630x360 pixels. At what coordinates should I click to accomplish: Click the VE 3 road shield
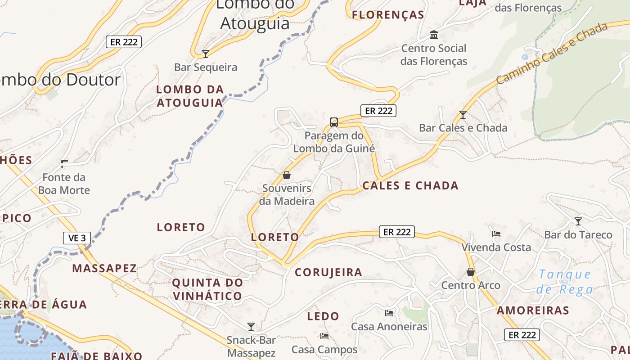[x=77, y=238]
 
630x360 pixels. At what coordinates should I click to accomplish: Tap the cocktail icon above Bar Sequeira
[x=206, y=54]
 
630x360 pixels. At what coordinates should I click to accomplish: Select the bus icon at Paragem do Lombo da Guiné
[x=334, y=122]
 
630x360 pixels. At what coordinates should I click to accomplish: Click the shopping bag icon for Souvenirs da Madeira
[x=287, y=175]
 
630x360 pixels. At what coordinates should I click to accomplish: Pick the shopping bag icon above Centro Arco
[x=471, y=272]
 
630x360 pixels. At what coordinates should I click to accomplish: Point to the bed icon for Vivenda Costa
[x=496, y=234]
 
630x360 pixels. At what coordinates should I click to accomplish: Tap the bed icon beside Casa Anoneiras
[x=389, y=313]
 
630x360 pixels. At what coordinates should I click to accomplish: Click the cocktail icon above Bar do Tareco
[x=578, y=221]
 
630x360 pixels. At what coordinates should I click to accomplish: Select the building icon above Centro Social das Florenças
[x=434, y=35]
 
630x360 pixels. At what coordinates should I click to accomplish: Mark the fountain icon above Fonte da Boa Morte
[x=64, y=164]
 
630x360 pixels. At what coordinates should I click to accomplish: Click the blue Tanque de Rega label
[x=565, y=282]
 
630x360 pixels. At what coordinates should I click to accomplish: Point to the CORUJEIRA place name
[x=328, y=272]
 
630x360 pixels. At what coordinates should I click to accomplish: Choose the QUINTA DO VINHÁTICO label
[x=207, y=289]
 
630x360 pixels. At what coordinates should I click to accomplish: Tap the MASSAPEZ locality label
[x=104, y=269]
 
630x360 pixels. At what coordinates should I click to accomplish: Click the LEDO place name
[x=323, y=316]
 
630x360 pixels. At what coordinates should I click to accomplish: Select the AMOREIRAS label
[x=533, y=310]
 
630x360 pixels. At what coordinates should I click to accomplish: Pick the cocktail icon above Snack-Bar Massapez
[x=251, y=326]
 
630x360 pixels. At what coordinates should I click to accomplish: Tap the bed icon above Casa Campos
[x=324, y=336]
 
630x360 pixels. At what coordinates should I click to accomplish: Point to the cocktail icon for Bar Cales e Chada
[x=463, y=115]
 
